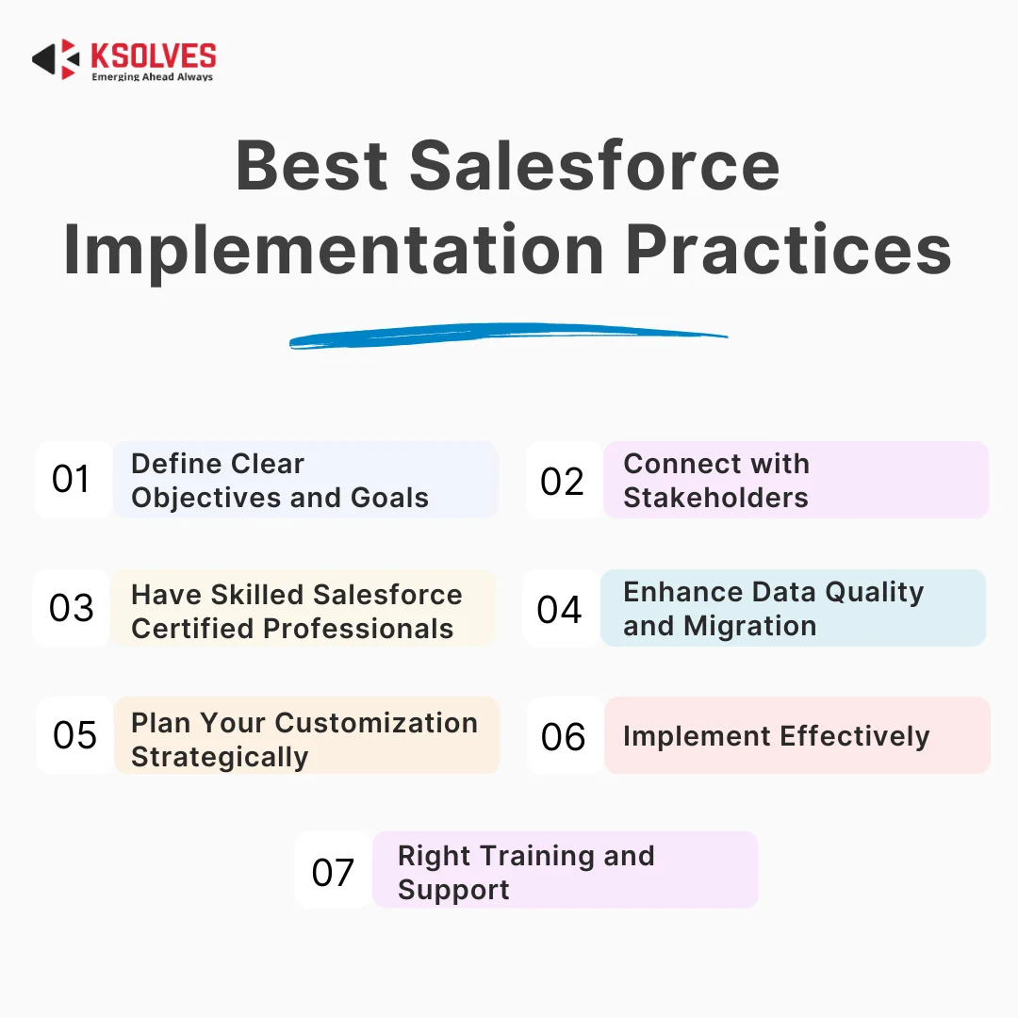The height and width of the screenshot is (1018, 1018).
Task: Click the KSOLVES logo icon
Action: (x=56, y=59)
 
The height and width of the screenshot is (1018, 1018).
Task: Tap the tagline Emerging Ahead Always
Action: (x=153, y=76)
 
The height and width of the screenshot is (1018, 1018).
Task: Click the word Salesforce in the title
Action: (x=594, y=166)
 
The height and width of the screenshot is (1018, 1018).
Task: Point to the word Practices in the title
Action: (x=788, y=249)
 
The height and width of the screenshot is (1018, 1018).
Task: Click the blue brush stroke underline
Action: (x=508, y=336)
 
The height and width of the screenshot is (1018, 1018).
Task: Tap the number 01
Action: (x=71, y=479)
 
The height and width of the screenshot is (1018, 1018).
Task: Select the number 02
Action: (x=562, y=481)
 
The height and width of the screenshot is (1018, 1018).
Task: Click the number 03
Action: (x=72, y=608)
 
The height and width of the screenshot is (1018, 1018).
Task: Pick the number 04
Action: (x=559, y=610)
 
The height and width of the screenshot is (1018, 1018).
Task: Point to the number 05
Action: (x=74, y=735)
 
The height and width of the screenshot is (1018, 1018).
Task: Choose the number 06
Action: (x=563, y=737)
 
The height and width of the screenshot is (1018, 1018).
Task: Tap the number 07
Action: (x=333, y=872)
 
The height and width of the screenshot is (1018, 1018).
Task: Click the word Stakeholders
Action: (x=716, y=498)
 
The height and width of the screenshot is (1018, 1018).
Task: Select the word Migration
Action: (x=750, y=627)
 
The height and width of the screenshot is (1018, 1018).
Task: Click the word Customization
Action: (x=381, y=723)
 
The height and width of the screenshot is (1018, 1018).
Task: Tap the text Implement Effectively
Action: (x=777, y=737)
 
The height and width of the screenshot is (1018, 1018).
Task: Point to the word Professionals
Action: (x=358, y=629)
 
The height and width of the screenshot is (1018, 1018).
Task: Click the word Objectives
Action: (x=207, y=498)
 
